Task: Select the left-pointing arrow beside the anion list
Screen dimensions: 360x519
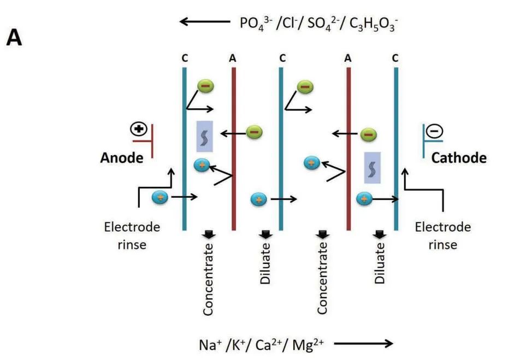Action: [203, 22]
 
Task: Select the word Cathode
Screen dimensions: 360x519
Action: [459, 158]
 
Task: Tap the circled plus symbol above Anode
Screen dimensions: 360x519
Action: [139, 129]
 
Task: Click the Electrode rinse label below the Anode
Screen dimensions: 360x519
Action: [126, 235]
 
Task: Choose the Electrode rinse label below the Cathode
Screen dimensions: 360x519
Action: [443, 235]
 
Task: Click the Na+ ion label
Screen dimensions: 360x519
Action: [210, 344]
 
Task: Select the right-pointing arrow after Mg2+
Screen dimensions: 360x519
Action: [363, 344]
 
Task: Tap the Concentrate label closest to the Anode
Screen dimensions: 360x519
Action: [208, 279]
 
